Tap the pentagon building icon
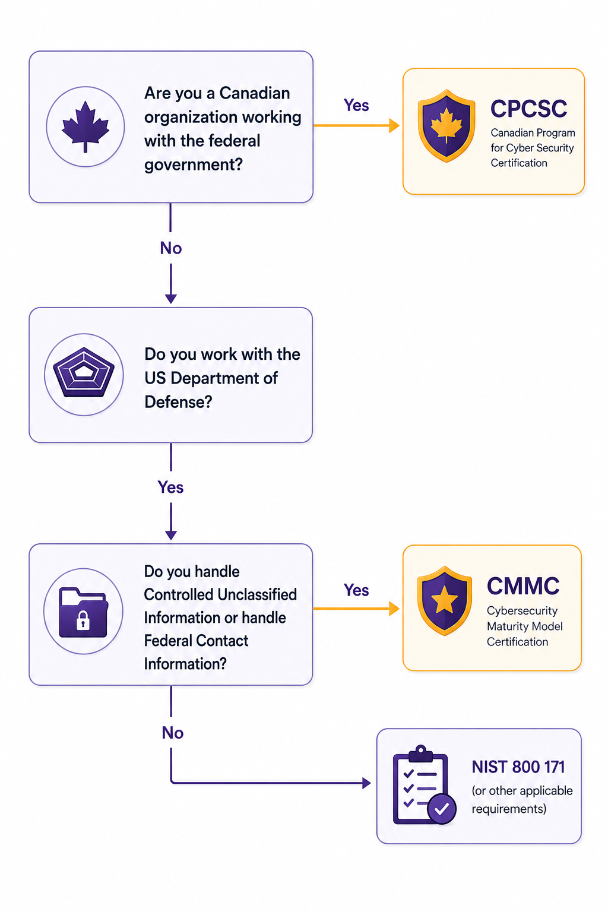pos(84,372)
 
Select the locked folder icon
pos(84,612)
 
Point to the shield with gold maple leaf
pos(446,126)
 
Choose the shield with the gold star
pos(444,600)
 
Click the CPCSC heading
pos(528,108)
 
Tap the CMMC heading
pos(523,585)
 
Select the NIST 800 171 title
pos(518,767)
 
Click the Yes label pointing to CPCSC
pos(356,105)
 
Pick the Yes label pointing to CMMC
pos(356,590)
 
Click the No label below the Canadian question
pos(170,248)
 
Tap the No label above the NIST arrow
pos(173,733)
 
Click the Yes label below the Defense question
pos(170,487)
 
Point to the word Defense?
pos(178,402)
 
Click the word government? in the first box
pos(194,164)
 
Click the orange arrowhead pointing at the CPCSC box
pos(394,125)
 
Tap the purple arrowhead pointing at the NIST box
pos(366,783)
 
